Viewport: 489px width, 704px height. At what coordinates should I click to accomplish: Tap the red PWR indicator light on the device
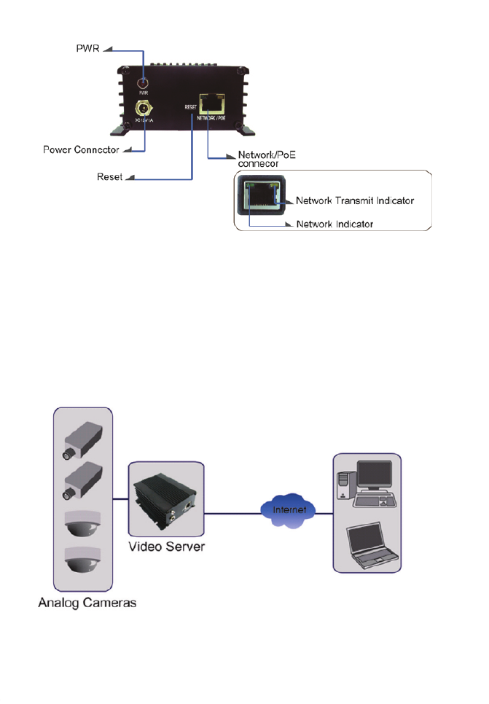144,84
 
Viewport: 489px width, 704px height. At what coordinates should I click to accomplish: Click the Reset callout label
111,177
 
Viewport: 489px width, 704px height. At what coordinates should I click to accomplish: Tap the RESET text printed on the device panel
192,106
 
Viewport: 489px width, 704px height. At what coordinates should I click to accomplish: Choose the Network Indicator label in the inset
335,224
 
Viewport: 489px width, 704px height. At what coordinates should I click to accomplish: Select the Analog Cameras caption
86,603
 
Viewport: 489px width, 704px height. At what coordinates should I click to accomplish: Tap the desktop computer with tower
367,485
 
